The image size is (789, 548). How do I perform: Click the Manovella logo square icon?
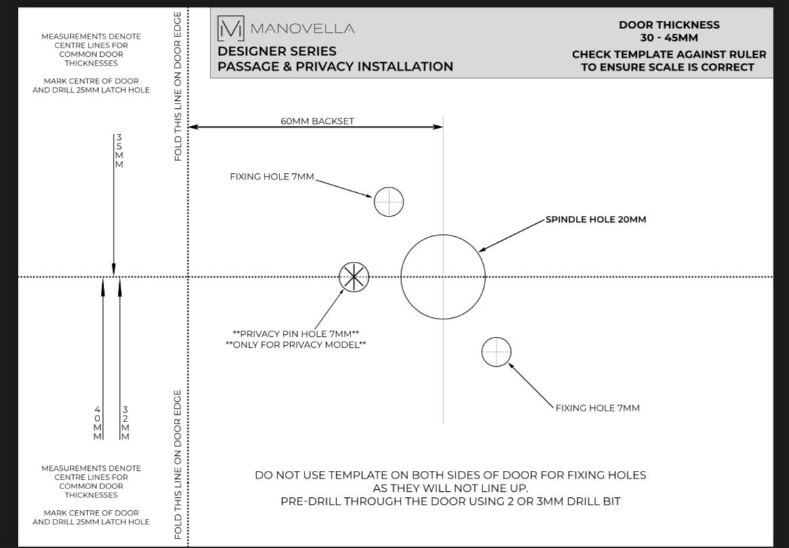click(230, 28)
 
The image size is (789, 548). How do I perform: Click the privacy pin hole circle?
click(354, 277)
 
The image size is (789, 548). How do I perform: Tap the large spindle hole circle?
click(443, 277)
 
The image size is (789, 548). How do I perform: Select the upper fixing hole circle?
click(388, 202)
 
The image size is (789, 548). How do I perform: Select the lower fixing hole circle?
click(496, 352)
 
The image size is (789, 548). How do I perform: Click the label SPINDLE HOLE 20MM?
click(595, 219)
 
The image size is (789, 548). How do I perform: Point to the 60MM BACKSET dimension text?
click(317, 121)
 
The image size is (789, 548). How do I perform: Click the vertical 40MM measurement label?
click(97, 423)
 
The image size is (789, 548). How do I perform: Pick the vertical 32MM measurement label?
click(125, 423)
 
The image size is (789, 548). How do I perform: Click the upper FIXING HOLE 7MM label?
click(272, 177)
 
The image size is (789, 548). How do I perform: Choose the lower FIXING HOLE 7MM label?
click(598, 408)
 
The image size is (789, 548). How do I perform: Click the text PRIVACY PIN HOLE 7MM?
click(296, 334)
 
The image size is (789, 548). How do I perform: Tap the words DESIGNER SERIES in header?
click(277, 51)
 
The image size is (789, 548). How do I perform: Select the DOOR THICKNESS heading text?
click(669, 25)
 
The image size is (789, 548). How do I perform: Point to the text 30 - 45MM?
click(669, 38)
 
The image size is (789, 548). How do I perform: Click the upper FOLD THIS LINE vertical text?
click(178, 86)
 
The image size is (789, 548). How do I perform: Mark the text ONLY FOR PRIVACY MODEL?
click(296, 345)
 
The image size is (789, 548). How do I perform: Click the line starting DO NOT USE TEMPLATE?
click(450, 475)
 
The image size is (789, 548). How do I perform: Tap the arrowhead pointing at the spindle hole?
click(481, 250)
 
